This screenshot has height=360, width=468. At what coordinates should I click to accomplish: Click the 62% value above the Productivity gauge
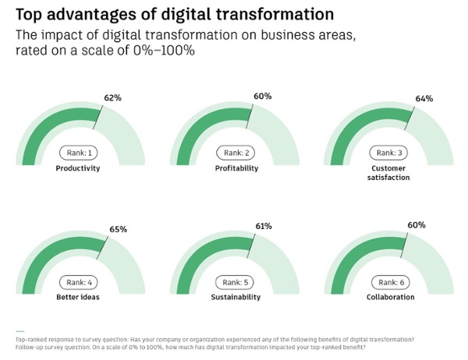[114, 98]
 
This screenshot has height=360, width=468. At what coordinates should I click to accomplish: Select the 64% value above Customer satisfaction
[424, 98]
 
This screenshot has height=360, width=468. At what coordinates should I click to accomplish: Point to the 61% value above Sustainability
[263, 226]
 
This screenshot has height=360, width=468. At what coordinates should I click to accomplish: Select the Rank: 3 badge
[390, 153]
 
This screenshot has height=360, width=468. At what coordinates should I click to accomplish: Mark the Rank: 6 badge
[390, 281]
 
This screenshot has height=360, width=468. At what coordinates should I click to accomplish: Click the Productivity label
[78, 168]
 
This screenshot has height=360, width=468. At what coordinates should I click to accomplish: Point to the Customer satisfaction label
[390, 173]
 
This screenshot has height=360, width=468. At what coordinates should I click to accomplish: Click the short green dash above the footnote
[19, 331]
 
